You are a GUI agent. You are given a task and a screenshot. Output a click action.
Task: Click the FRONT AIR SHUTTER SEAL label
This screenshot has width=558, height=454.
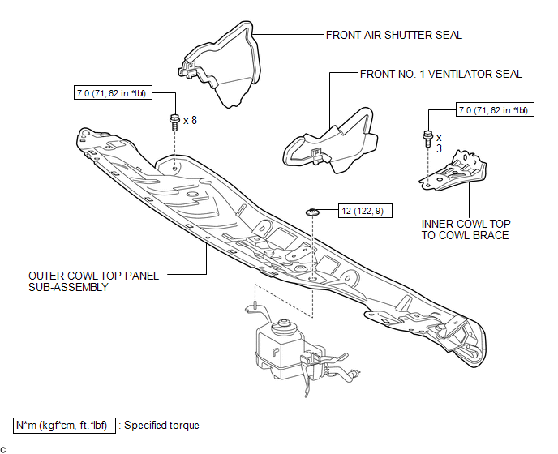[x=394, y=35]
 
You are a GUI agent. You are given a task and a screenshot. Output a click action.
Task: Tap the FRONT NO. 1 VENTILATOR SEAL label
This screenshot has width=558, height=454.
[x=441, y=74]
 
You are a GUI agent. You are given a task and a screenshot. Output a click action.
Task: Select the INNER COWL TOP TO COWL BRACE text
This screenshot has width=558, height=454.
[x=466, y=229]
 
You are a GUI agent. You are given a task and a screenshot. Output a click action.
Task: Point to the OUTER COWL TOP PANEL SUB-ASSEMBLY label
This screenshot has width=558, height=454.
[x=93, y=281]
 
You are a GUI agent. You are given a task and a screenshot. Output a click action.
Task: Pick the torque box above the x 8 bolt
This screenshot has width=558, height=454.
[x=113, y=93]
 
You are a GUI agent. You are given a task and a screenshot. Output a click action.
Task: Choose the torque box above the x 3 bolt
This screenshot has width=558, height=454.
[x=495, y=110]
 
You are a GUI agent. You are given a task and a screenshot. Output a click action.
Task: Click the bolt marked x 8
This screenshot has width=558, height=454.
[x=174, y=122]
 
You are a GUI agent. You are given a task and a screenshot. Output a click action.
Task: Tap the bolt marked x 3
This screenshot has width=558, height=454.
[x=427, y=139]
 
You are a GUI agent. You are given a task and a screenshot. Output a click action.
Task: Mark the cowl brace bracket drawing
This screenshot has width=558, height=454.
[x=453, y=171]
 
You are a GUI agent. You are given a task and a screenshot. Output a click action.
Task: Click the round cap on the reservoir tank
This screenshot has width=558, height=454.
[x=284, y=325]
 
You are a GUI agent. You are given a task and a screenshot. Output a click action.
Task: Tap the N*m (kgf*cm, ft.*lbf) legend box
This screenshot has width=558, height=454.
[x=64, y=426]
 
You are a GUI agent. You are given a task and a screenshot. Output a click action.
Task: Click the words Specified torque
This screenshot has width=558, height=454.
[x=161, y=426]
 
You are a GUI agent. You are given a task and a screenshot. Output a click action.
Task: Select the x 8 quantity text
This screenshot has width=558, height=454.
[x=190, y=121]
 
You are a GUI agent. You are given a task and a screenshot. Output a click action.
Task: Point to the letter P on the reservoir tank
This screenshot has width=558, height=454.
[x=275, y=352]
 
